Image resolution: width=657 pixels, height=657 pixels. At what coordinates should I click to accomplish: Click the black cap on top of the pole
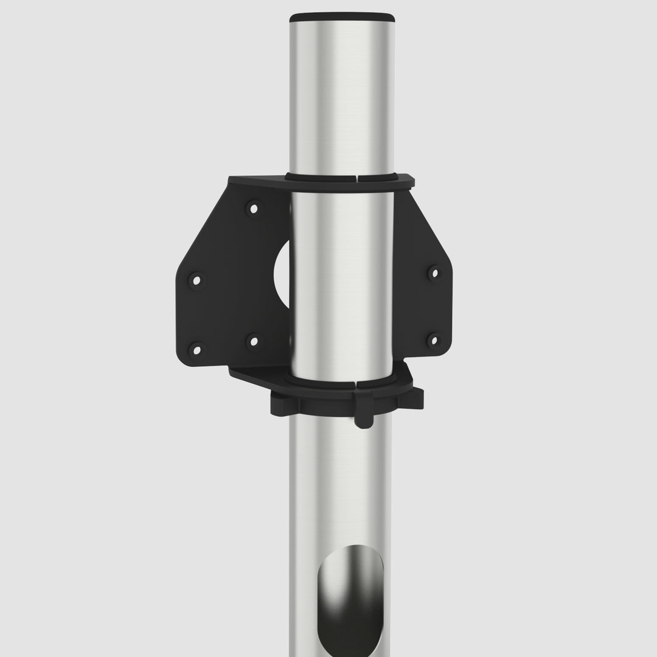click(341, 16)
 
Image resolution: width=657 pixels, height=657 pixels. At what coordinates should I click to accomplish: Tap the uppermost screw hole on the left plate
click(254, 209)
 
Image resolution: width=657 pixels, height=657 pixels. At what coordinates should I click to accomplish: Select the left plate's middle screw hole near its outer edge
click(196, 280)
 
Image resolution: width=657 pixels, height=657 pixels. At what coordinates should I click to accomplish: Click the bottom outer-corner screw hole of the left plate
click(196, 349)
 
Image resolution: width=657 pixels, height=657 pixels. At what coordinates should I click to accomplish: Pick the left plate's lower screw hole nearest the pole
click(253, 341)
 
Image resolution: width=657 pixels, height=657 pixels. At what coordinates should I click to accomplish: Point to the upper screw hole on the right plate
click(433, 273)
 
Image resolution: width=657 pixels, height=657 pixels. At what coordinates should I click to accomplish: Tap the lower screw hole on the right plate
click(433, 339)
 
